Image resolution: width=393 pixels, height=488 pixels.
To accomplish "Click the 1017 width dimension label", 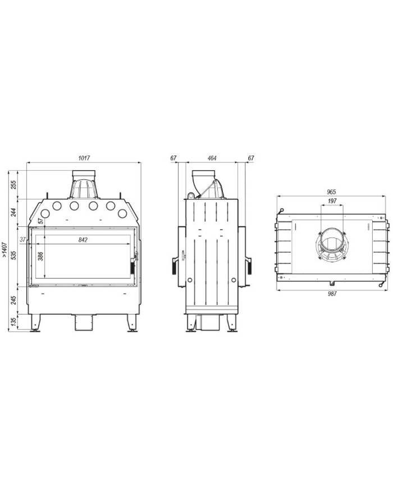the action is [84, 158].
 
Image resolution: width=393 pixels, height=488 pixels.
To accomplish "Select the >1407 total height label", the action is [4, 249].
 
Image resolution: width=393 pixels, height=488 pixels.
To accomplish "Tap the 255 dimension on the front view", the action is [13, 185].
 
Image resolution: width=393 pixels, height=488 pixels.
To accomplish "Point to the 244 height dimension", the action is [13, 213].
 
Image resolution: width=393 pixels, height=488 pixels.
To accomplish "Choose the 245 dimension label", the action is [13, 300].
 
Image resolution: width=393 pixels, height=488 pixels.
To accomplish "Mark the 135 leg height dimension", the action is [13, 322].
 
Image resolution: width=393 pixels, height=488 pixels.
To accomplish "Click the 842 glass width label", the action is [83, 240].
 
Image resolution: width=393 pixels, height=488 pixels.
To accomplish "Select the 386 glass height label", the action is [40, 256].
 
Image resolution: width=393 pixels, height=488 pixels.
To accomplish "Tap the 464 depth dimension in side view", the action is [212, 158].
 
